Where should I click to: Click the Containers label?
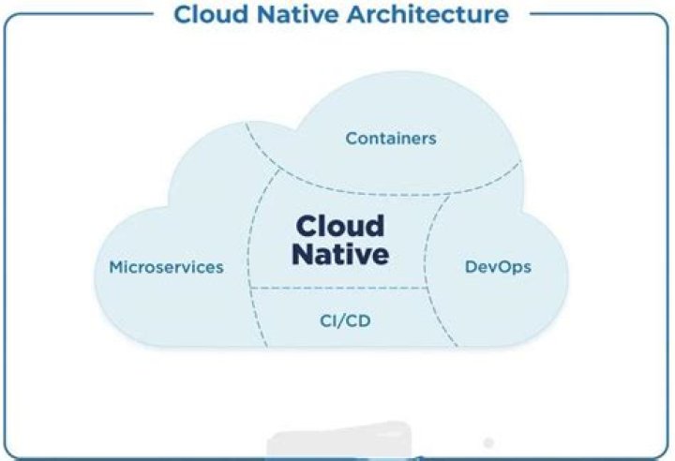click(x=391, y=139)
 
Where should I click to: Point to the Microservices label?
click(x=166, y=267)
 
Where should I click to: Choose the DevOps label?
click(x=498, y=267)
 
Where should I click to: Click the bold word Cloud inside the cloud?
click(x=339, y=226)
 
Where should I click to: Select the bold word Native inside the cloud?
click(x=339, y=254)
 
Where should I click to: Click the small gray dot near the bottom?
click(x=487, y=441)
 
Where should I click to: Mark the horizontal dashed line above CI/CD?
click(x=338, y=288)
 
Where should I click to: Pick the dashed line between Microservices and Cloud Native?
click(x=252, y=253)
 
